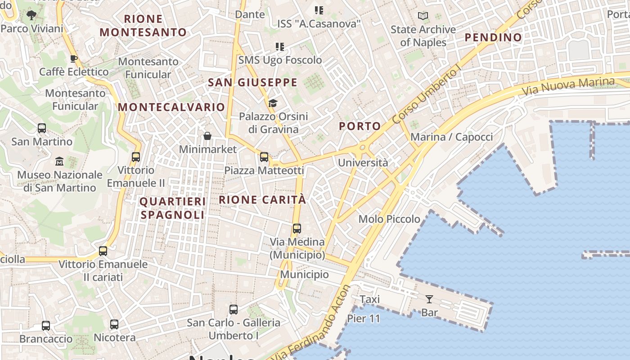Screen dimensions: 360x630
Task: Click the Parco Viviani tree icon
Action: [x=31, y=15]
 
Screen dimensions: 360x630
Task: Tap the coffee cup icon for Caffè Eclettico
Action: [x=74, y=58]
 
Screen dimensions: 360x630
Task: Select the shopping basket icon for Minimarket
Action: [x=207, y=135]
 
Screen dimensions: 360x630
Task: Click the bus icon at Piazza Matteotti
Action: [x=264, y=157]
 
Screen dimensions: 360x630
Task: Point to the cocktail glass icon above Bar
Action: [x=429, y=299]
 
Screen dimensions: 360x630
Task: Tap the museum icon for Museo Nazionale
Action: [x=59, y=161]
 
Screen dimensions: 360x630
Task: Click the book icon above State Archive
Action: [x=423, y=16]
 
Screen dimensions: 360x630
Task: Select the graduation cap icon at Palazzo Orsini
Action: [x=273, y=103]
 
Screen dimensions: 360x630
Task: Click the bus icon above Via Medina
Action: [x=297, y=228]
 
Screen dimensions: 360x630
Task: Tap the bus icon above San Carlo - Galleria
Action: [x=233, y=309]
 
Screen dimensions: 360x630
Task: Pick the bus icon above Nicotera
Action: [x=114, y=324]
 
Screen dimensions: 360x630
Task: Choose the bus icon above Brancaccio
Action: [x=45, y=325]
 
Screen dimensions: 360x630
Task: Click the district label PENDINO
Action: [x=493, y=37]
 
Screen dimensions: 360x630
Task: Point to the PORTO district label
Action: [x=360, y=126]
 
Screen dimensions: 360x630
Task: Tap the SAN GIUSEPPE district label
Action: [x=252, y=82]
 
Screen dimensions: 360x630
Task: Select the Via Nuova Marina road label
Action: [x=568, y=86]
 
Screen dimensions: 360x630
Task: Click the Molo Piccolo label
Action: [x=389, y=219]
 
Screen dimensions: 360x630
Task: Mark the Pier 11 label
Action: [x=364, y=319]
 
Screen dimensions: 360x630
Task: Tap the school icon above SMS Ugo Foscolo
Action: [x=280, y=46]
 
